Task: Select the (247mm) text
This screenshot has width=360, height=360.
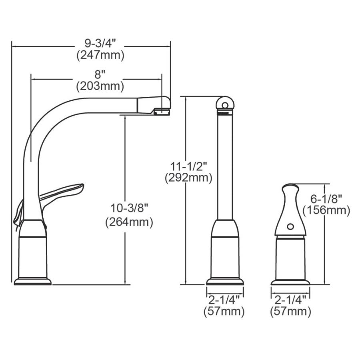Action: [x=100, y=55]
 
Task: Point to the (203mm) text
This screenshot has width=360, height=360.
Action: [x=100, y=86]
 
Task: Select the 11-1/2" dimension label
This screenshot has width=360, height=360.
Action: [x=188, y=166]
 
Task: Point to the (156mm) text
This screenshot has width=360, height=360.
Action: [x=327, y=210]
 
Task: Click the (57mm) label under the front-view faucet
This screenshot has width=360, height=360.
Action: [x=224, y=311]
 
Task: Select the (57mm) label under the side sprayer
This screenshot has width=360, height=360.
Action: [x=290, y=311]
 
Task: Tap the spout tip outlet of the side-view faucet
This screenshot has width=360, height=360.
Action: [x=162, y=112]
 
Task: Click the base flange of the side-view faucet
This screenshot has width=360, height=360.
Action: [x=33, y=281]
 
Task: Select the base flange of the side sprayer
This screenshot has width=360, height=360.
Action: [x=290, y=282]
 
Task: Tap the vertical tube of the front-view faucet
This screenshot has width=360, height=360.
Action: [x=225, y=168]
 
